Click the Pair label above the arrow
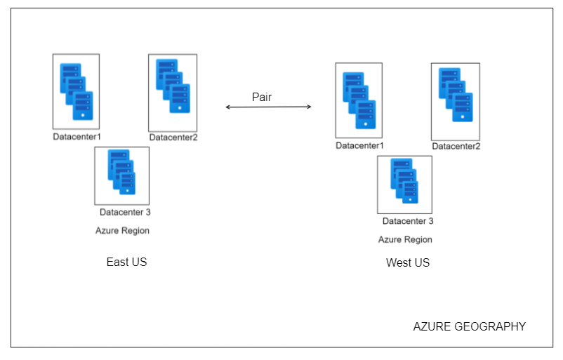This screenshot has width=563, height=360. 262,97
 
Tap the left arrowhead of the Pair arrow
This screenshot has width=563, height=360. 227,107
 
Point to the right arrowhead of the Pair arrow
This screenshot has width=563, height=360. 310,107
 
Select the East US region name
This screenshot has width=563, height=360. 127,262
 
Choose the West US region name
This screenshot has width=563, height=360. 408,262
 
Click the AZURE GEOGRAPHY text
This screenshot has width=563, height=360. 470,326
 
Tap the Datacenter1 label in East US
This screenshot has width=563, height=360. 77,137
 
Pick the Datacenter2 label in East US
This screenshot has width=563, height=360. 173,138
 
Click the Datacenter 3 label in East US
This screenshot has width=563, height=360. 125,212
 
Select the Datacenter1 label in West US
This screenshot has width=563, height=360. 360,146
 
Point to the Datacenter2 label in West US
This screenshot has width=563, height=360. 456,147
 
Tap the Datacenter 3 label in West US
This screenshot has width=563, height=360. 408,221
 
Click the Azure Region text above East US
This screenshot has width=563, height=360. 122,231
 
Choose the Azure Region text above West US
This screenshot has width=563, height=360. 405,240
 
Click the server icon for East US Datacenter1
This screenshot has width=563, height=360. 77,91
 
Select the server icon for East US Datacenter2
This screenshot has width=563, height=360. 173,86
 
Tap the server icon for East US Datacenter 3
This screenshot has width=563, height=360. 121,172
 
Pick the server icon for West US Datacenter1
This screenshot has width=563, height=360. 359,100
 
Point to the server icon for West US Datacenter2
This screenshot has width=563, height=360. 456,95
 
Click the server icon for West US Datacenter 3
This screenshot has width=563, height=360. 404,181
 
